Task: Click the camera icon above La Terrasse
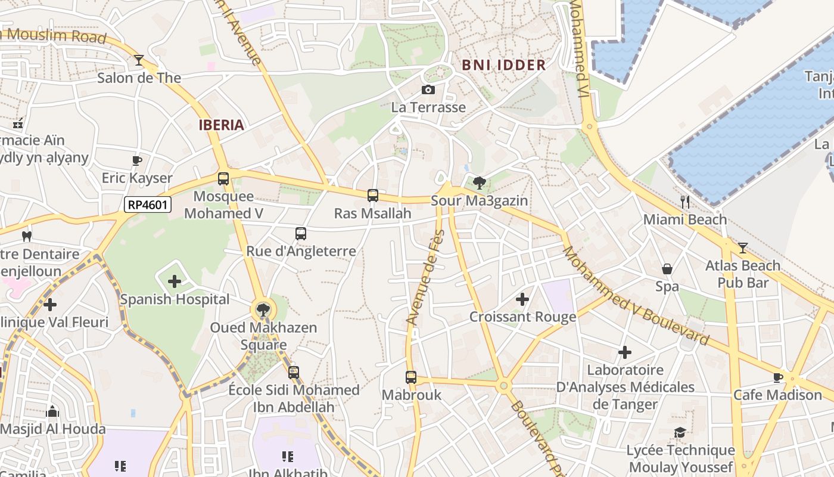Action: point(428,90)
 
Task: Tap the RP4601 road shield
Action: point(148,205)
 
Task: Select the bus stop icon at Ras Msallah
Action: point(372,195)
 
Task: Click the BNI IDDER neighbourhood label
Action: point(503,65)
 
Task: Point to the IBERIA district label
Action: point(222,125)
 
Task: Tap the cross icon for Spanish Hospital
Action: point(174,281)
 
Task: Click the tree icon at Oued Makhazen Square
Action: point(262,309)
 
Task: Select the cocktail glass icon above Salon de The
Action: point(139,60)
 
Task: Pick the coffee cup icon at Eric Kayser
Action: point(136,160)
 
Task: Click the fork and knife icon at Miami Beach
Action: point(685,202)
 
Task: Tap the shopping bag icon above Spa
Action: point(667,269)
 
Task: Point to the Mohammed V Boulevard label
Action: point(636,296)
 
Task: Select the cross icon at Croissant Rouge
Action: point(522,299)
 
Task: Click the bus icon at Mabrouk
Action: point(411,377)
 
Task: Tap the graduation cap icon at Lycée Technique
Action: point(680,432)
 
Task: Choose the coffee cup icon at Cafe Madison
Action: point(777,377)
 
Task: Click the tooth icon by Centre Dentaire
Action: point(26,236)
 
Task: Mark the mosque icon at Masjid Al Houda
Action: point(52,411)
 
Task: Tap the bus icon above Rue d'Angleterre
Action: point(301,233)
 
